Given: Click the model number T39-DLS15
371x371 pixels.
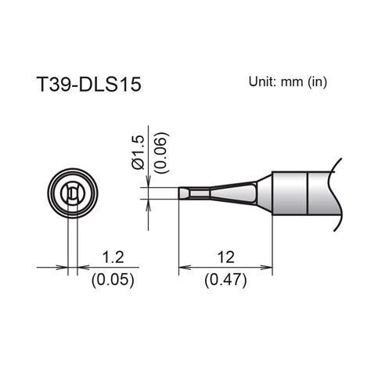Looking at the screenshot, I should (89, 85).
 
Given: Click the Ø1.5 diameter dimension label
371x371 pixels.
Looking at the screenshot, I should (138, 153).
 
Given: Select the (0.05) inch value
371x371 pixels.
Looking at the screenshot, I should (110, 278).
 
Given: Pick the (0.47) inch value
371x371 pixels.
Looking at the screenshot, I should (226, 278).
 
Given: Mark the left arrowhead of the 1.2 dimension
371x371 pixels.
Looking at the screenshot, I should (63, 266).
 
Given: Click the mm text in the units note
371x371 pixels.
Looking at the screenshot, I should (294, 81).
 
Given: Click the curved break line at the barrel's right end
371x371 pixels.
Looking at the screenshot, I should (338, 196).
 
